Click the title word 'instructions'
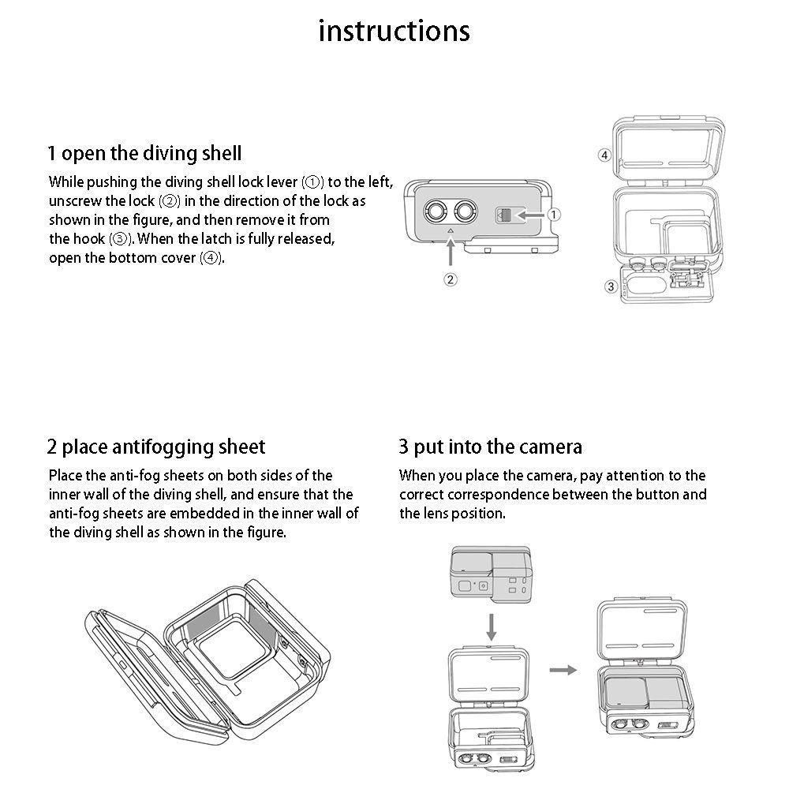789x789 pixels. pyautogui.click(x=394, y=31)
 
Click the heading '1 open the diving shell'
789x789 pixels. pyautogui.click(x=144, y=152)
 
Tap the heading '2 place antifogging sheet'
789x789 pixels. pyautogui.click(x=156, y=447)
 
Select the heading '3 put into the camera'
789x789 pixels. pyautogui.click(x=490, y=447)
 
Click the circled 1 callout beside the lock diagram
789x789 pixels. pyautogui.click(x=554, y=214)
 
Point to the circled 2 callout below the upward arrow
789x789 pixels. pyautogui.click(x=450, y=279)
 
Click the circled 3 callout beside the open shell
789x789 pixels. pyautogui.click(x=611, y=286)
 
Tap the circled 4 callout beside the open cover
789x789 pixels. pyautogui.click(x=604, y=155)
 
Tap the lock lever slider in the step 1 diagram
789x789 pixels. pyautogui.click(x=505, y=215)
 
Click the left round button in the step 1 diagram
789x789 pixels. pyautogui.click(x=435, y=211)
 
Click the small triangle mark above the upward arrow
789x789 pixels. pyautogui.click(x=450, y=231)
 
